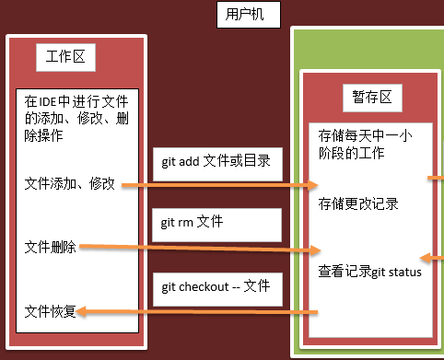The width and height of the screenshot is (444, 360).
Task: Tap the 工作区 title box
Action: (65, 57)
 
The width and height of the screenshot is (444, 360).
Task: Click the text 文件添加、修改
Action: (70, 184)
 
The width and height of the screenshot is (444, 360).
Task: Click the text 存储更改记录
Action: (358, 203)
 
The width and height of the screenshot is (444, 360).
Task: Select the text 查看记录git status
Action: (368, 272)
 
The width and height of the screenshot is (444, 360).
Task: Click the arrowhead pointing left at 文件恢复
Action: (81, 313)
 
